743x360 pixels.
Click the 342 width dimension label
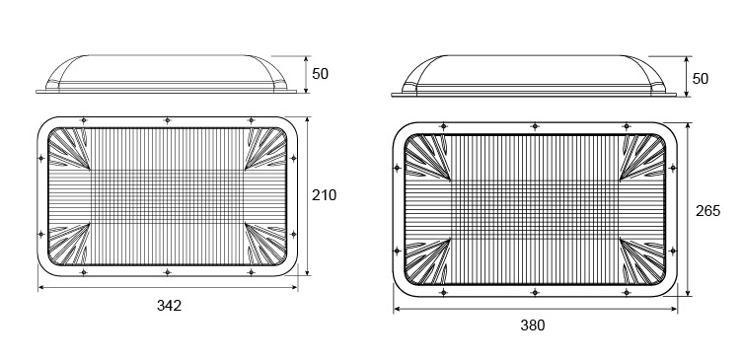click(x=169, y=306)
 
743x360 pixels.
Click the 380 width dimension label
click(x=533, y=325)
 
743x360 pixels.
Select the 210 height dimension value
click(x=324, y=195)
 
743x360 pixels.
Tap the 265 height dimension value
click(x=707, y=211)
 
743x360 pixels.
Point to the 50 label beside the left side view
click(x=321, y=74)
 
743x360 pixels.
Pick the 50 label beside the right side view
click(x=701, y=79)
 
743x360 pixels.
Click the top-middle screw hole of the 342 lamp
click(x=168, y=120)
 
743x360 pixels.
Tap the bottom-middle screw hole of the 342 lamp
click(x=168, y=272)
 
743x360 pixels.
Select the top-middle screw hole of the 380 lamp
click(x=535, y=126)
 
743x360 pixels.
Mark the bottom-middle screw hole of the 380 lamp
click(x=535, y=292)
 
